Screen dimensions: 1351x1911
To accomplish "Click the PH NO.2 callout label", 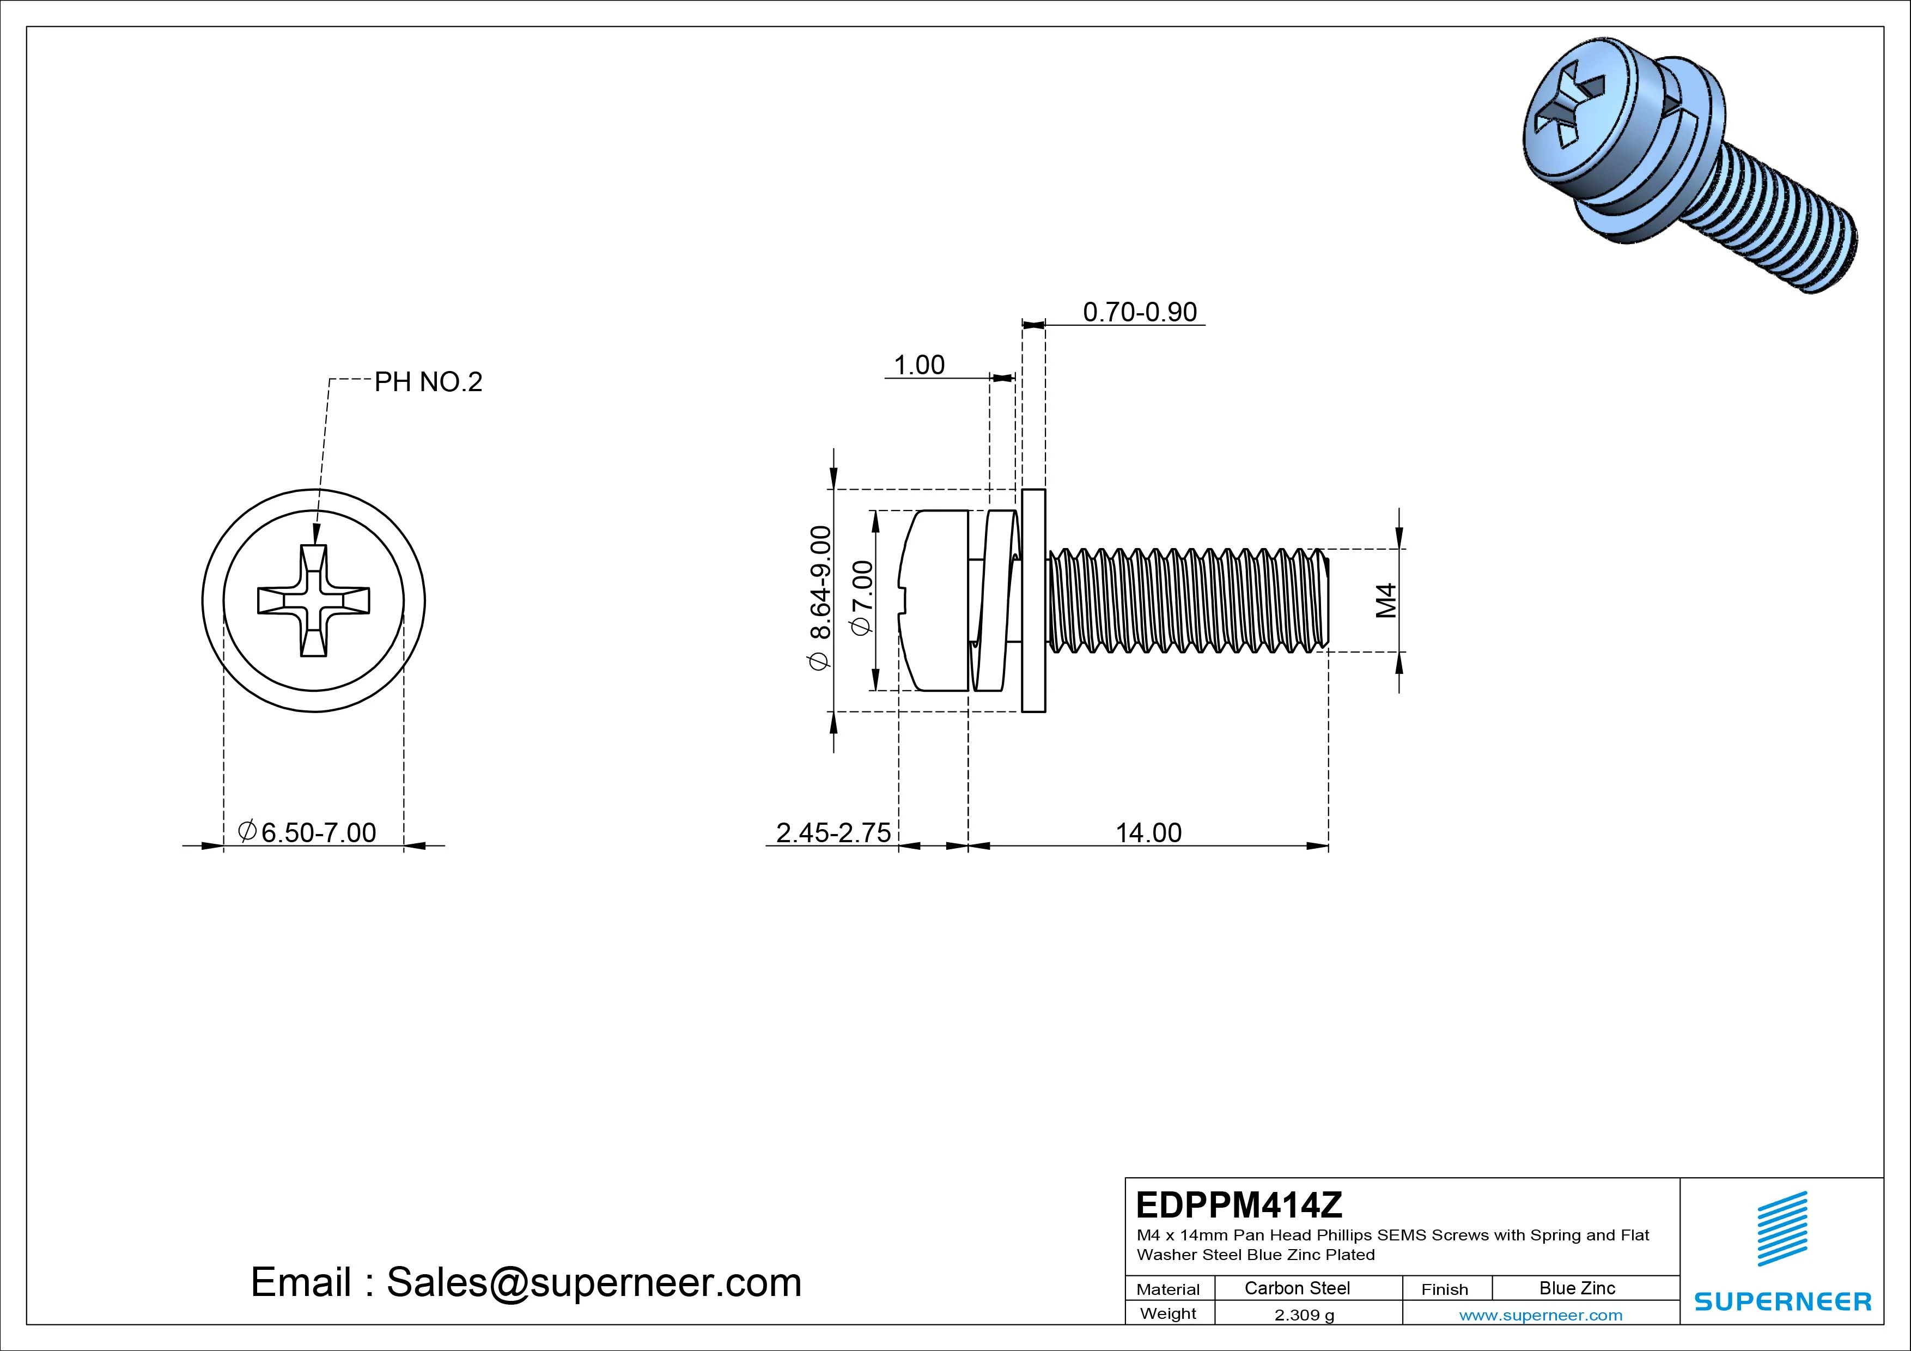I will pos(428,382).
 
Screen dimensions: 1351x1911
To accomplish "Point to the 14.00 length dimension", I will pos(1148,832).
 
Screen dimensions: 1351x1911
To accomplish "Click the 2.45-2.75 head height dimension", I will pos(833,832).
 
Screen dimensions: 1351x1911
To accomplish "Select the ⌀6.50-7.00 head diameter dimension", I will pos(307,832).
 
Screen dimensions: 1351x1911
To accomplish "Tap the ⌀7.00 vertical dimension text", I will pos(862,598).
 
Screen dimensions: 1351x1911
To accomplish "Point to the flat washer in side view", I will pos(1033,601).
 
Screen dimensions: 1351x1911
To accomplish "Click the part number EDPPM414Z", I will pos(1238,1204).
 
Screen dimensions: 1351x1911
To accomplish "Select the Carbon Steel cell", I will pos(1297,1288).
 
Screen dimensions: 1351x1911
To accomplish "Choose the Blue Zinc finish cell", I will pos(1577,1288).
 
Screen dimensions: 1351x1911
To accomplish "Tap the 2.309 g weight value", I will pos(1304,1315).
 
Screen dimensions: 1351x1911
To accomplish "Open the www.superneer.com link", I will pos(1541,1315).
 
